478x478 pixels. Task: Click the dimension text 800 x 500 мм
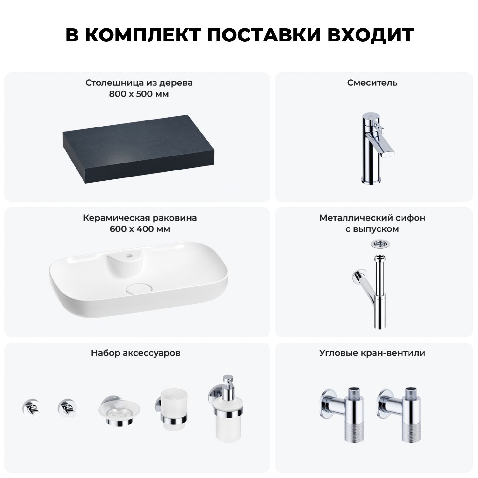point(139,94)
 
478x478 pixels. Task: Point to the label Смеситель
point(372,83)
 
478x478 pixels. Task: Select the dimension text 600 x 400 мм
point(140,229)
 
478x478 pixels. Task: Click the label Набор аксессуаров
point(136,353)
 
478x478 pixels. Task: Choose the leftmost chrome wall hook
point(31,408)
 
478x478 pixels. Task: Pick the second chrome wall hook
point(66,408)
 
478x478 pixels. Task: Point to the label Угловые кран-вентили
point(372,353)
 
